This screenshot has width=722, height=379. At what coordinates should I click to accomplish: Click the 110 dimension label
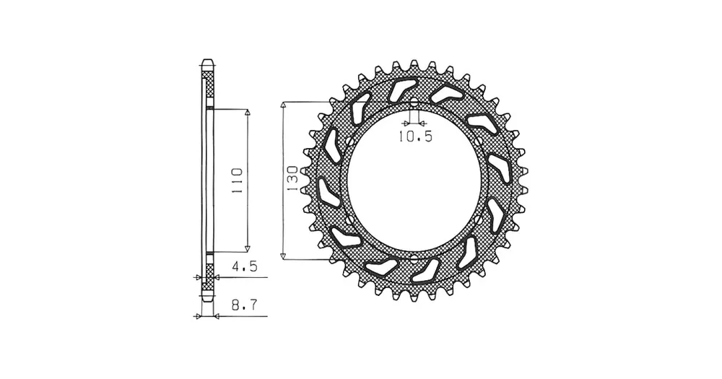coord(237,180)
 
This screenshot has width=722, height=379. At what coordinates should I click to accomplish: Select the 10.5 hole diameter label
coord(415,136)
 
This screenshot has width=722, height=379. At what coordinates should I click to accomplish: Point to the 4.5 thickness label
coord(244,266)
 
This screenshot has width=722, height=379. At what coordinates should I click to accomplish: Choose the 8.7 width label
coord(244,305)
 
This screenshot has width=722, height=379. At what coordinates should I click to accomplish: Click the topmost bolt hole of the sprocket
coord(414,103)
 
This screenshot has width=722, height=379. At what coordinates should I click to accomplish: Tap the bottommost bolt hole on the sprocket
coord(414,258)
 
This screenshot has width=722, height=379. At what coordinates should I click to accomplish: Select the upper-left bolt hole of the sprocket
coord(349,141)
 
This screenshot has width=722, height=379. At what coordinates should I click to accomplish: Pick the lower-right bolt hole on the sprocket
coord(479,219)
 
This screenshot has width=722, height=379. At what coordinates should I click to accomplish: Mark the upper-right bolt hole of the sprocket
coord(479,141)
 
